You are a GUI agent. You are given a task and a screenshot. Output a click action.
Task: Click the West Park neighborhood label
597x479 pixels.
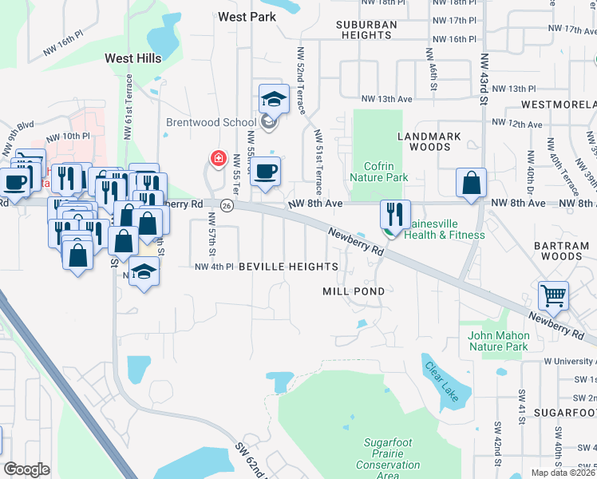tap(247, 17)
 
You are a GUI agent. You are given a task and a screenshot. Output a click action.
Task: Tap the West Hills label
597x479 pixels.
tap(133, 58)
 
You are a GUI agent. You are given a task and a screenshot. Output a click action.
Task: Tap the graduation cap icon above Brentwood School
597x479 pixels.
tap(273, 100)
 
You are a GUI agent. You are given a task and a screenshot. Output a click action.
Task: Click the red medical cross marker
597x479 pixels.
tap(216, 159)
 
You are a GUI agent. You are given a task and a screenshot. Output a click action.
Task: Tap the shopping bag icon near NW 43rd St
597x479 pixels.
tap(472, 182)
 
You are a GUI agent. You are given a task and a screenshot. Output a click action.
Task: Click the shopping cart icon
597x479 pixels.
tap(553, 295)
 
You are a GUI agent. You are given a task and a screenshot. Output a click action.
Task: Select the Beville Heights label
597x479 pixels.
tap(287, 266)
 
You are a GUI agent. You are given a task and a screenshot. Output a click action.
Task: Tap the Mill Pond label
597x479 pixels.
tap(354, 291)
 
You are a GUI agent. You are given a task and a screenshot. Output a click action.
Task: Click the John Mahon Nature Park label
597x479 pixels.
tap(498, 341)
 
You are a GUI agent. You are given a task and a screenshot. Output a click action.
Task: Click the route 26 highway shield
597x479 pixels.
tap(227, 206)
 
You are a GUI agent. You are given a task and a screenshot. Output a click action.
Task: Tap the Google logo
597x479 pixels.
tap(26, 469)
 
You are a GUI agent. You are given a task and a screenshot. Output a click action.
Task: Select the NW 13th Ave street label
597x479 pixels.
tap(386, 98)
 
